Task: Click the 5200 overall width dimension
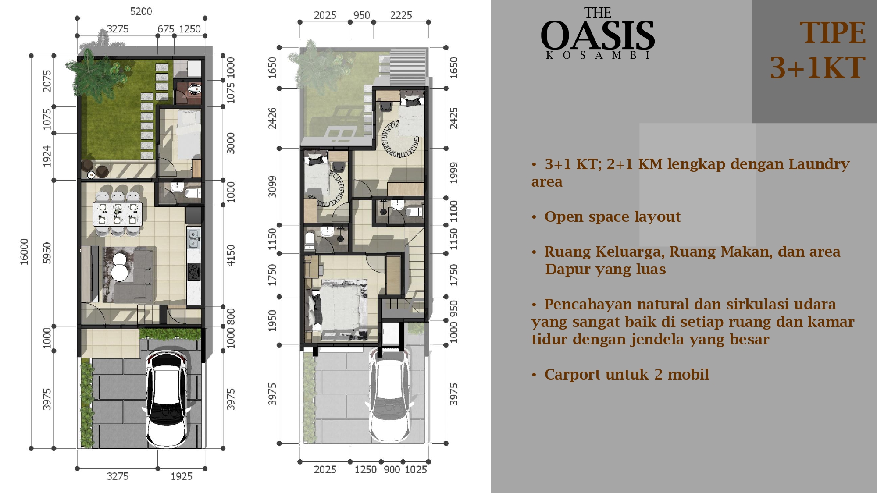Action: (141, 11)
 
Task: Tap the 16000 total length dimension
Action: (25, 252)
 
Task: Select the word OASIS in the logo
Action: (598, 35)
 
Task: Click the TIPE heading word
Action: (832, 33)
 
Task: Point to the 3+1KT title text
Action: (818, 67)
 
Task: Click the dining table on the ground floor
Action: (117, 214)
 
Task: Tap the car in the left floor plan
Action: (167, 399)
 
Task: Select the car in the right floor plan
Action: (389, 394)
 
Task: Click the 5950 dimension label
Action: (47, 253)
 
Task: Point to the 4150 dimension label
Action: (231, 255)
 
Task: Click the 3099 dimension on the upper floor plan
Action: (272, 187)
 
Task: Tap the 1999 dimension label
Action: (454, 173)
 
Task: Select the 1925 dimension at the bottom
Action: (182, 476)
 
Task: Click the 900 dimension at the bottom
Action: (392, 470)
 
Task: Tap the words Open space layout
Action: (613, 216)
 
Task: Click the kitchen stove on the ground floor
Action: (194, 272)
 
